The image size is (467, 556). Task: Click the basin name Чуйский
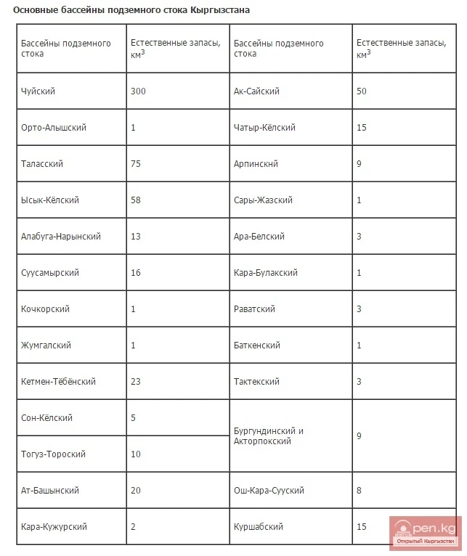point(38,91)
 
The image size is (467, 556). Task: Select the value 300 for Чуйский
point(139,91)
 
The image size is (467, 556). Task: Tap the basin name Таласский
point(42,164)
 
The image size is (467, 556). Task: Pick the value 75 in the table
point(136,164)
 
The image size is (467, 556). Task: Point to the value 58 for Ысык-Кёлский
point(136,200)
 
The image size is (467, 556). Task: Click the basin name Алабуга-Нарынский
point(61,237)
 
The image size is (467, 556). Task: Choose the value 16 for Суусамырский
point(136,273)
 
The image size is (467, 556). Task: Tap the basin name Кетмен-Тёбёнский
point(58,382)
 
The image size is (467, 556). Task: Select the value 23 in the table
point(136,382)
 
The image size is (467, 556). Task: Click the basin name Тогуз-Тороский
point(54,454)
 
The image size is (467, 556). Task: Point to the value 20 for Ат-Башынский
point(136,491)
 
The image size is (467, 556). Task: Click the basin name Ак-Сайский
point(256,91)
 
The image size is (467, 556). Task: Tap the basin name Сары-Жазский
point(263,200)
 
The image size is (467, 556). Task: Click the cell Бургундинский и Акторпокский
point(269,436)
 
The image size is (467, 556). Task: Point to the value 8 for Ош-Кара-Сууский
point(360,491)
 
